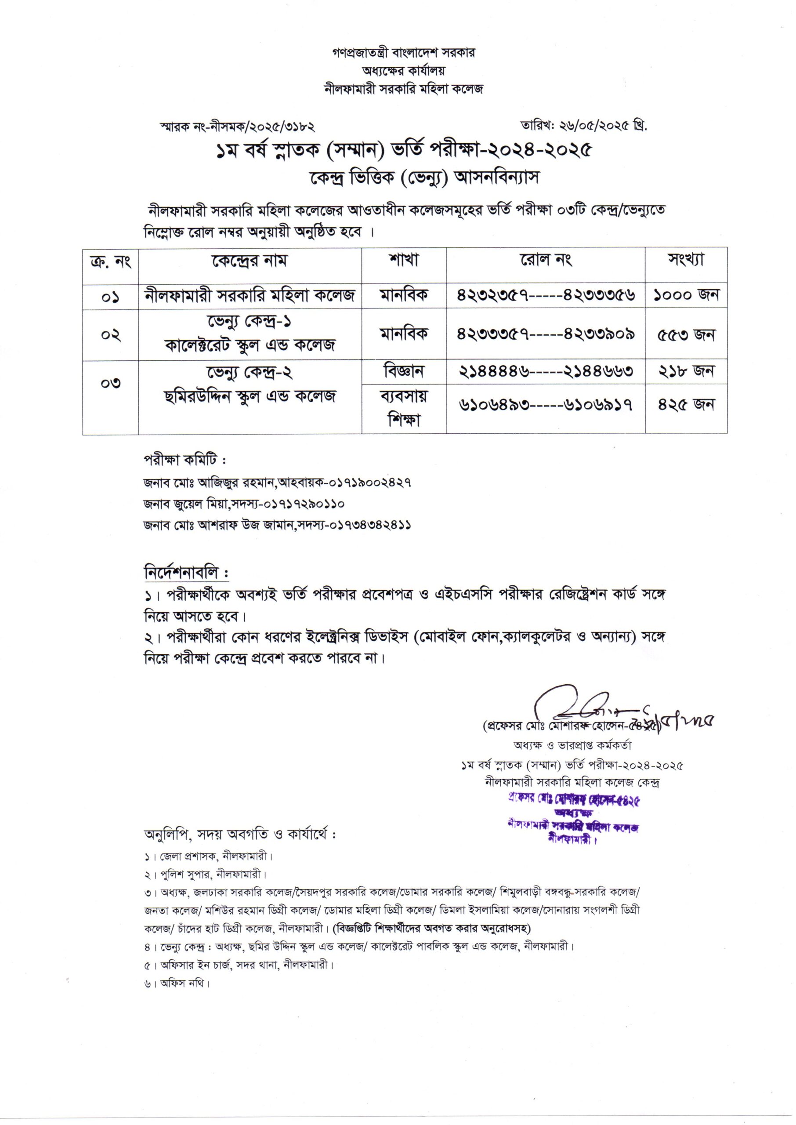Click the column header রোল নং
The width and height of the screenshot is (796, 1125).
click(x=546, y=260)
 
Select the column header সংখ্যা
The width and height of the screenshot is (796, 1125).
click(x=686, y=260)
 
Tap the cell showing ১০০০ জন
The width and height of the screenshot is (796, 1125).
click(x=686, y=295)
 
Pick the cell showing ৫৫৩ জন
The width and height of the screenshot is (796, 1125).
click(x=686, y=335)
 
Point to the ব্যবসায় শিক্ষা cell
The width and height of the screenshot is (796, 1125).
click(x=404, y=408)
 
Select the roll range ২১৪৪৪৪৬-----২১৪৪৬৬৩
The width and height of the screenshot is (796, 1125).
click(x=546, y=372)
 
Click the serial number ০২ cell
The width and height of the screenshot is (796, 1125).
click(x=111, y=335)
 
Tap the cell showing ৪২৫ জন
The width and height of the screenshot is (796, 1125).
click(x=686, y=405)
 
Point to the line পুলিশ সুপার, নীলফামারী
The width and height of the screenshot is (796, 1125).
click(x=206, y=874)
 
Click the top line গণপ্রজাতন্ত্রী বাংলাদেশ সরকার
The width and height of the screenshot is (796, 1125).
click(x=403, y=52)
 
